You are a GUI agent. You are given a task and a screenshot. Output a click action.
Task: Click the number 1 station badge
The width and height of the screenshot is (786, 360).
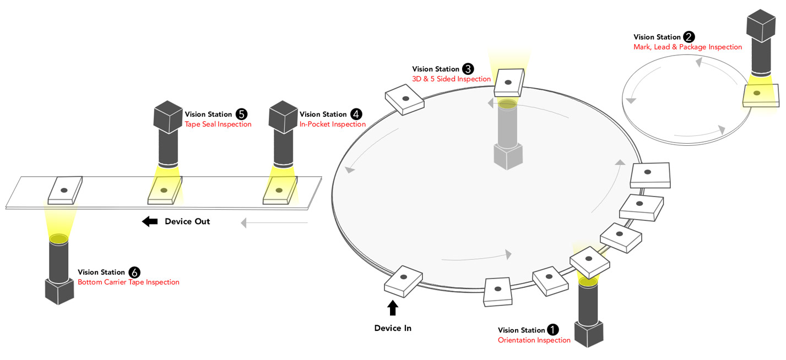tap(552, 330)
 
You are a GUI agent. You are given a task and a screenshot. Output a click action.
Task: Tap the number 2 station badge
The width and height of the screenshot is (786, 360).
tap(689, 37)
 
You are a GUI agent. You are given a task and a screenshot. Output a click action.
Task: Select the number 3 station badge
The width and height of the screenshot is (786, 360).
tap(468, 69)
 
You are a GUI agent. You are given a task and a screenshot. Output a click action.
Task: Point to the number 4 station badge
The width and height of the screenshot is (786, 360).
tap(356, 114)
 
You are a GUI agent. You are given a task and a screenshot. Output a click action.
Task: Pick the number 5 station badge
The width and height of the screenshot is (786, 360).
tap(241, 114)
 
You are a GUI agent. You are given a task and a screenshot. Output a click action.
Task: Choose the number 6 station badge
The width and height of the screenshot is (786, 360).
tap(134, 272)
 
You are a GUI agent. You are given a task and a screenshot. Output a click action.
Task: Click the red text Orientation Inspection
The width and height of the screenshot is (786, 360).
tap(534, 340)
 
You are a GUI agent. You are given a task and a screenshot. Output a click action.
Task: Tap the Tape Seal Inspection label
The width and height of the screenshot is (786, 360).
tap(218, 124)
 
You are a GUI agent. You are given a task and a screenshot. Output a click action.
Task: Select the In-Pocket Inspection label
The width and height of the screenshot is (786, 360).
tap(332, 124)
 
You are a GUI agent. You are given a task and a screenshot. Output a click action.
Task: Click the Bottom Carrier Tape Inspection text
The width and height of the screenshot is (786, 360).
tap(128, 282)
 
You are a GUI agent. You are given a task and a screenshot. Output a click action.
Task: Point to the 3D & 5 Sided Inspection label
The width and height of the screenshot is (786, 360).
tap(451, 79)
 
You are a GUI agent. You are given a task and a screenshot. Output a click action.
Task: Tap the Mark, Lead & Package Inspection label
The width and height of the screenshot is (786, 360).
tap(687, 47)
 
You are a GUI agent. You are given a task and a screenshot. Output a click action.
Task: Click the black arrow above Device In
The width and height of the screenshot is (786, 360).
tap(393, 308)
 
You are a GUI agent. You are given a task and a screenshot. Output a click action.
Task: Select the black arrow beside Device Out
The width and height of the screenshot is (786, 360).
tap(149, 221)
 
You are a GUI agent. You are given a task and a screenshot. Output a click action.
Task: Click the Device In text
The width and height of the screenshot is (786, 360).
tap(393, 328)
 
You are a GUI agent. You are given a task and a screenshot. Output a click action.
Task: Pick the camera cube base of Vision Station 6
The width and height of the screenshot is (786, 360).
tap(59, 291)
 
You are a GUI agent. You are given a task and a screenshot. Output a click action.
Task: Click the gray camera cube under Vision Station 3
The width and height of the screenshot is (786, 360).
tap(507, 156)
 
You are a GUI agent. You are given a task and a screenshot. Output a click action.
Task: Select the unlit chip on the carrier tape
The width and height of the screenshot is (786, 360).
tap(65, 190)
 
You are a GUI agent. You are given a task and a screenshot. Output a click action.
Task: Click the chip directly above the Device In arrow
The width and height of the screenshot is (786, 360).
tap(403, 280)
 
